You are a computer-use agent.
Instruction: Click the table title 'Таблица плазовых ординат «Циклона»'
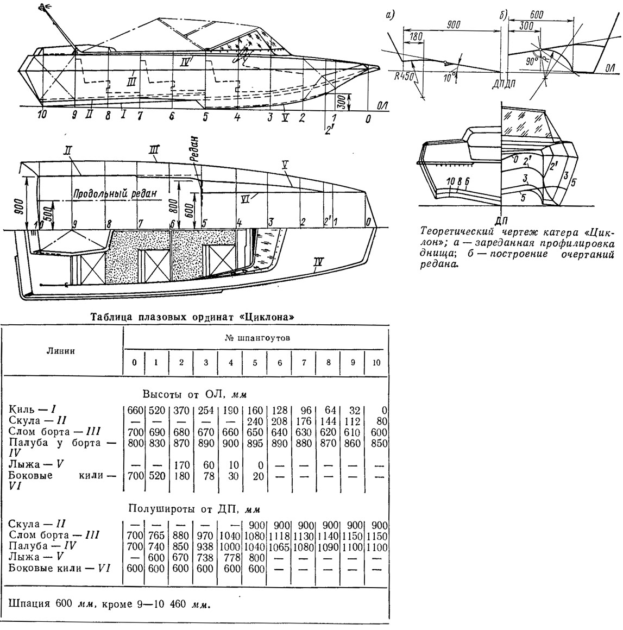(192, 317)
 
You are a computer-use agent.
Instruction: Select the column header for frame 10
(376, 363)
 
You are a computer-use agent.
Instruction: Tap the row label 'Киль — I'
(32, 409)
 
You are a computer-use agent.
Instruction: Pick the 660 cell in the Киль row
(135, 411)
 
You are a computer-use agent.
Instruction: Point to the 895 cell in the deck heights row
(255, 443)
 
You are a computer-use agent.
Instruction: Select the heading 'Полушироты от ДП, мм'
(194, 509)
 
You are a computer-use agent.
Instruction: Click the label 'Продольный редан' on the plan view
(115, 193)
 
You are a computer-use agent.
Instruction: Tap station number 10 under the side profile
(42, 115)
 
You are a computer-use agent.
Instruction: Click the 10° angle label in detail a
(449, 77)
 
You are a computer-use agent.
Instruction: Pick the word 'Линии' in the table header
(61, 351)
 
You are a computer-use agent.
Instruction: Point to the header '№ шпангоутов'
(257, 338)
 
